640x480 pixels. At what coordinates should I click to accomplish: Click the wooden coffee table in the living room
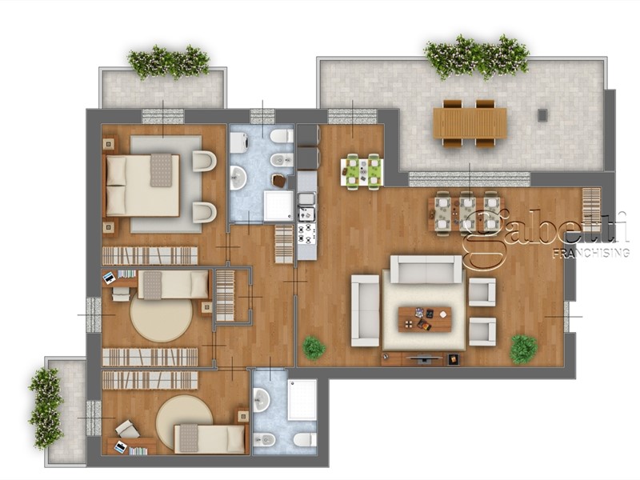pos(425,318)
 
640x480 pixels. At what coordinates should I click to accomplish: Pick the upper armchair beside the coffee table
pos(482,291)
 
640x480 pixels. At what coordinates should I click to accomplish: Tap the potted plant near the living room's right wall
pos(523,349)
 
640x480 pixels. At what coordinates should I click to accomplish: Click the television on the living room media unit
pos(423,360)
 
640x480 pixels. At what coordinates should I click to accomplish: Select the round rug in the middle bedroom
pos(161,319)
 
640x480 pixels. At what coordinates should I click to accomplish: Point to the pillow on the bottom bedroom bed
pos(187,438)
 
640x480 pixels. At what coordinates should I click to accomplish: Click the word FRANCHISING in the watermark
pos(590,253)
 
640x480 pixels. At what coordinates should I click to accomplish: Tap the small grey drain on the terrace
pos(542,115)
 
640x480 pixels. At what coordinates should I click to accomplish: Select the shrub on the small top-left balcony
pos(169,62)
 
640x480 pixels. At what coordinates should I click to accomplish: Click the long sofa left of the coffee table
pos(366,310)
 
